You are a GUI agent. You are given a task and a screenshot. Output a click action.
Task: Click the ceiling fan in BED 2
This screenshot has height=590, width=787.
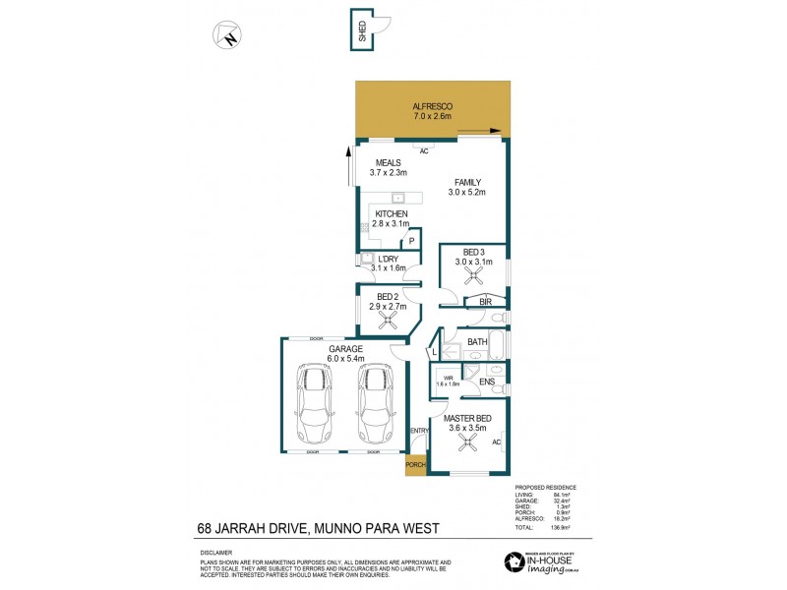pyautogui.click(x=387, y=319)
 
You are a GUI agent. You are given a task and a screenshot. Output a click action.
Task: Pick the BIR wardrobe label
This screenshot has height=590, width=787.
pyautogui.click(x=485, y=302)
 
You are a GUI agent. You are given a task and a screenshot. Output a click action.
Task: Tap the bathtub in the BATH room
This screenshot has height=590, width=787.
pyautogui.click(x=497, y=344)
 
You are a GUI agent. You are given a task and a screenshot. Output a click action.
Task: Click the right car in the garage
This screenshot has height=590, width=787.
pyautogui.click(x=374, y=405)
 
